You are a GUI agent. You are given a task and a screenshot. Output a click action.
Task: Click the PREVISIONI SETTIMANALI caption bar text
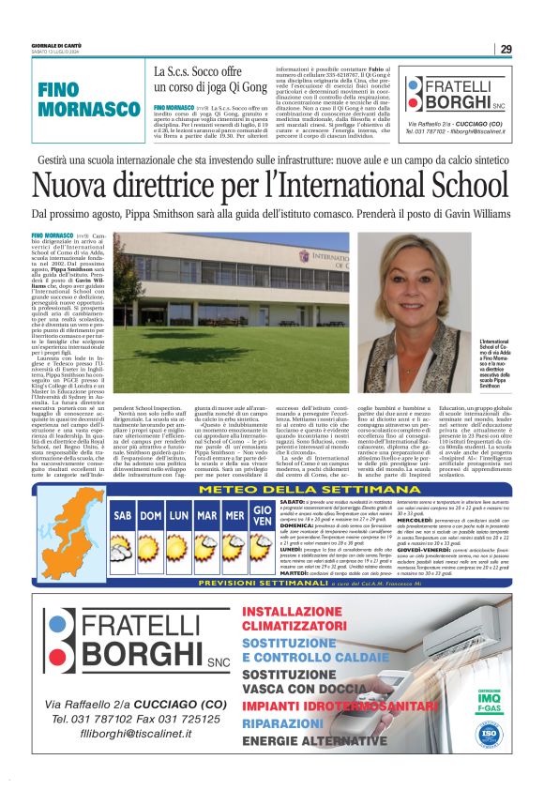(177, 584)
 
